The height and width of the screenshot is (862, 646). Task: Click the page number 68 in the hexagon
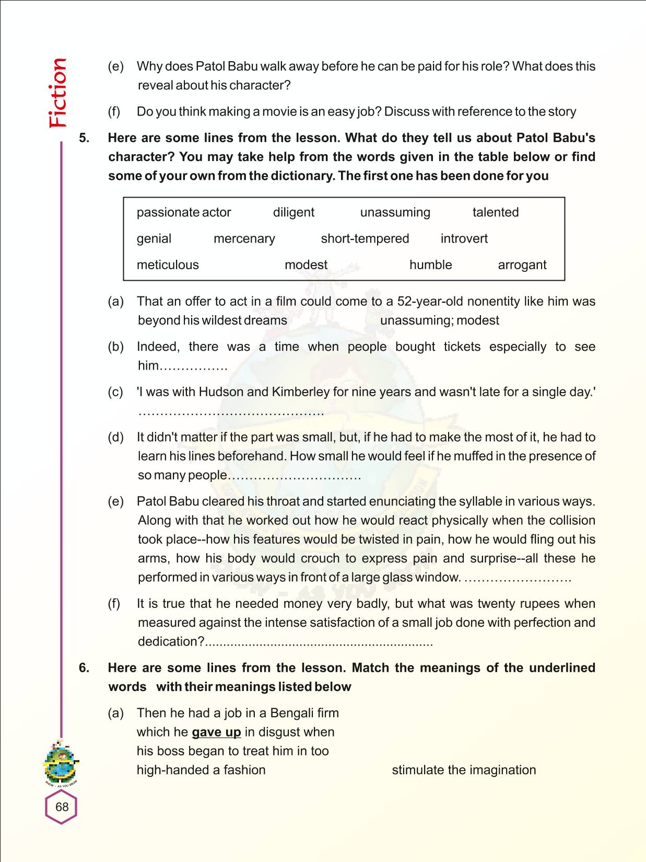[x=62, y=807]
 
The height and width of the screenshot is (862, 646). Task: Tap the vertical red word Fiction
[x=58, y=93]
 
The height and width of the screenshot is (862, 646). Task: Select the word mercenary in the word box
[x=244, y=239]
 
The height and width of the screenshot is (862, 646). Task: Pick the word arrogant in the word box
[x=522, y=265]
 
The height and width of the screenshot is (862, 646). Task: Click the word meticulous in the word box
[x=168, y=265]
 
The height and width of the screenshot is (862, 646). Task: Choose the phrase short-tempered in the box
[x=365, y=239]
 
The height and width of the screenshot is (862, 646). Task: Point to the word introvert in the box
[x=464, y=239]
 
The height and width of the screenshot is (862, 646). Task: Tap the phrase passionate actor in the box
[x=184, y=212]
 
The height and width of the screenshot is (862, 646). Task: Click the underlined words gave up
[x=216, y=732]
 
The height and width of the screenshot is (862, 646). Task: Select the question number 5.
[x=84, y=138]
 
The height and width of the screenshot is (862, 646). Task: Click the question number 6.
[x=84, y=668]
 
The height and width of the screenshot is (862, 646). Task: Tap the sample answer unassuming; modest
[x=439, y=320]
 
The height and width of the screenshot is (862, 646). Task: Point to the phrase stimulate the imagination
[x=464, y=770]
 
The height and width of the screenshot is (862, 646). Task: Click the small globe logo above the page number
[x=61, y=764]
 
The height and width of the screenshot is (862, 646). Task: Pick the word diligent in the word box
[x=293, y=212]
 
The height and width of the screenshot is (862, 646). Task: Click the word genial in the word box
[x=154, y=239]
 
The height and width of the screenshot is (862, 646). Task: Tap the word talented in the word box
[x=495, y=212]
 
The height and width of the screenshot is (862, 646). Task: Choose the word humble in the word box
[x=430, y=265]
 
